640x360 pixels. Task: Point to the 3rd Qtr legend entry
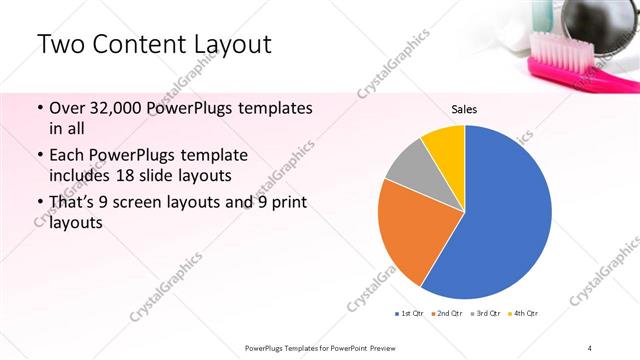[x=485, y=314]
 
